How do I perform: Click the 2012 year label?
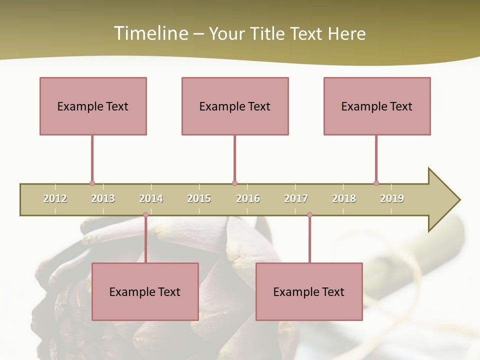tap(55, 198)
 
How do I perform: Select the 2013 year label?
tap(103, 198)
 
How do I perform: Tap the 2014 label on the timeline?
tap(151, 198)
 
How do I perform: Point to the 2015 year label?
tap(199, 198)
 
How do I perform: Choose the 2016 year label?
tap(248, 198)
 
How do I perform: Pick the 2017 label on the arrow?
tap(296, 198)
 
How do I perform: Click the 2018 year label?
tap(344, 198)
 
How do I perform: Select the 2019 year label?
tap(392, 198)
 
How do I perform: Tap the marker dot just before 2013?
tap(92, 183)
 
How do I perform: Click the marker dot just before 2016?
tap(234, 183)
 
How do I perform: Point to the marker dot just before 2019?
tap(376, 183)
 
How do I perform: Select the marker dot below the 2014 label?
tap(145, 215)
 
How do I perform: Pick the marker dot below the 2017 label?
tap(309, 215)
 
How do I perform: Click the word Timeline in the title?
tap(150, 33)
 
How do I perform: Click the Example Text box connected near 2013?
tap(93, 106)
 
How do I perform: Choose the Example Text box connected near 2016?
tap(235, 106)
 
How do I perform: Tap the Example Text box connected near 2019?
tap(377, 106)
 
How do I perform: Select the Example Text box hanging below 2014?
tap(145, 291)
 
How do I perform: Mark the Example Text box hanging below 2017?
tap(309, 291)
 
